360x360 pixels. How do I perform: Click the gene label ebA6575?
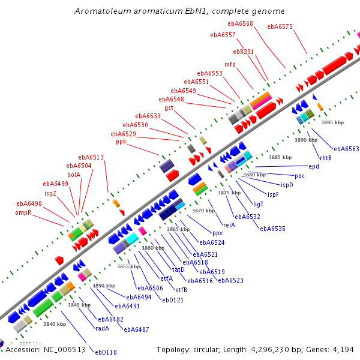click(x=280, y=26)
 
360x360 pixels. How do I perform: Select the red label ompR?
click(x=23, y=212)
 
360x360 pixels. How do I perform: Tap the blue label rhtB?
click(x=325, y=158)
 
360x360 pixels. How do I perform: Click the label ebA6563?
click(x=346, y=149)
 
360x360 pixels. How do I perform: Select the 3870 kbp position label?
click(x=203, y=211)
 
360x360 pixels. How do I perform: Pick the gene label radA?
click(x=102, y=328)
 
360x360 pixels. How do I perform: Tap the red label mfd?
click(x=230, y=64)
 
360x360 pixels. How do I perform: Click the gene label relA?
click(x=229, y=225)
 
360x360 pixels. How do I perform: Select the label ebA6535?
click(x=272, y=229)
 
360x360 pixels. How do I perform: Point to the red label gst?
click(x=169, y=107)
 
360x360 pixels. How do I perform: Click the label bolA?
click(x=74, y=175)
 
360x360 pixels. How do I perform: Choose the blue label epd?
click(x=314, y=166)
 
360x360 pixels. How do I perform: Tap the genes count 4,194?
click(x=344, y=349)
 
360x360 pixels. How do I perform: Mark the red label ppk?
click(x=121, y=142)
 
